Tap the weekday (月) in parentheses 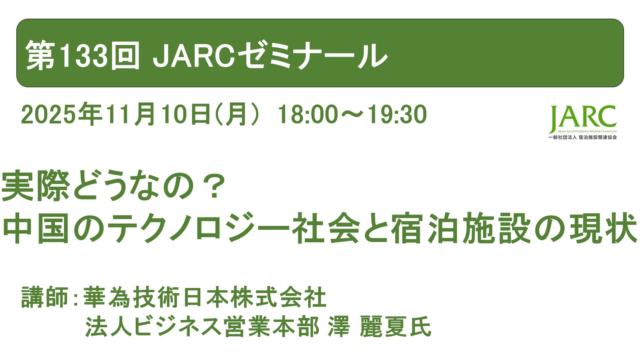tap(238, 114)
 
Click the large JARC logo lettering tap(583, 118)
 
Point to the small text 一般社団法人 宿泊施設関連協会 tap(582, 137)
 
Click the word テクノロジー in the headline tap(198, 229)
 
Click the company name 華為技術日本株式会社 tap(205, 297)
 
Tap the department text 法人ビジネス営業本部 tap(202, 327)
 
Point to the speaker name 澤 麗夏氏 tap(379, 327)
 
